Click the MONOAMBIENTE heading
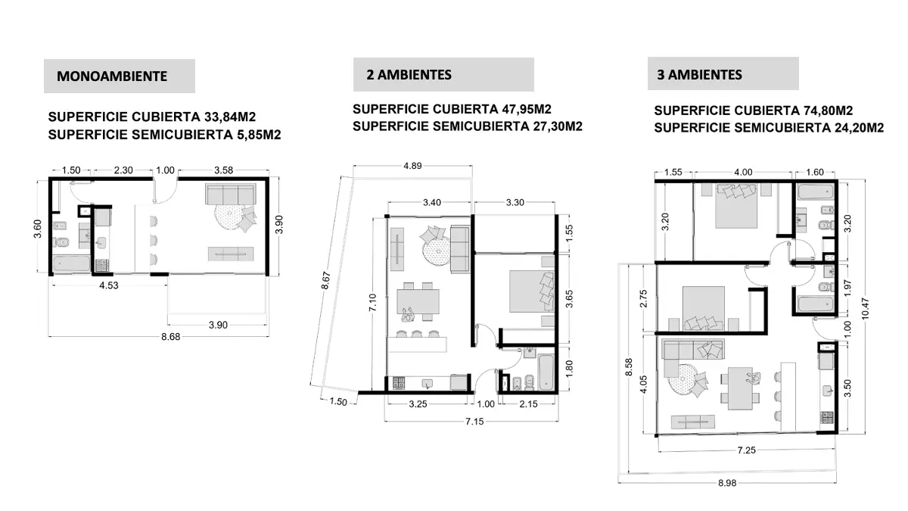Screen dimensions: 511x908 point(112,76)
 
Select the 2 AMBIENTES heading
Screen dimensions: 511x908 point(409,74)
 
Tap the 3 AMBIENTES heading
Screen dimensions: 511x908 point(700,74)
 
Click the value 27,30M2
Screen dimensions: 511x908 point(552,126)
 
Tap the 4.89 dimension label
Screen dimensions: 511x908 point(414,165)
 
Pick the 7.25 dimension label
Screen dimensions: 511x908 point(746,450)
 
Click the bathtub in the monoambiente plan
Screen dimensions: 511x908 point(70,265)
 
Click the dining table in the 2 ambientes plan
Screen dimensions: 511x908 point(416,301)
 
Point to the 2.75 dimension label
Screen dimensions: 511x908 point(643,297)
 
